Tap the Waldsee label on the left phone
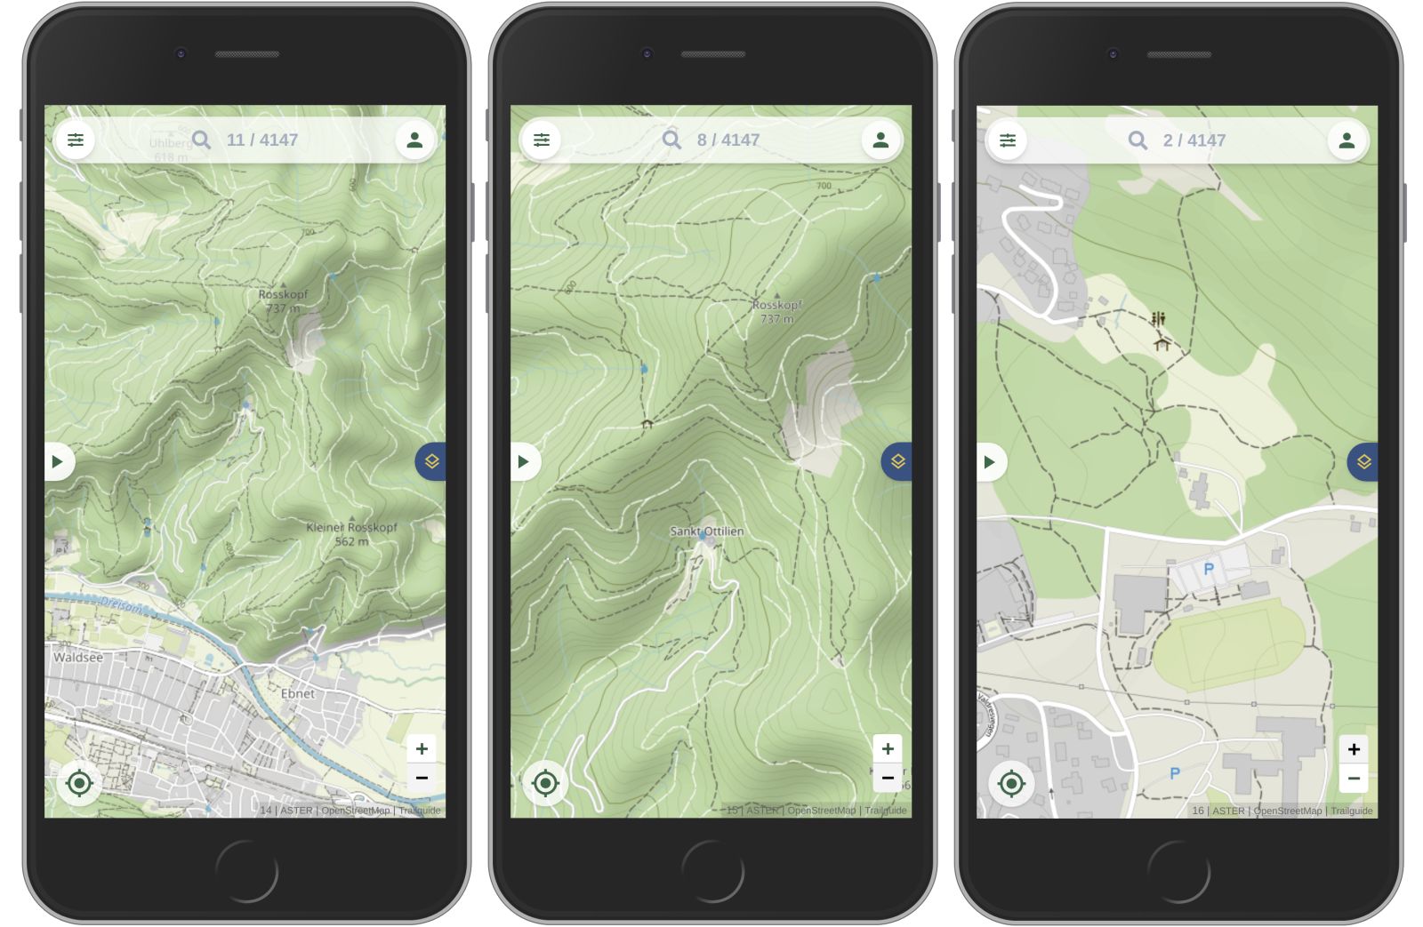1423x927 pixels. coord(78,658)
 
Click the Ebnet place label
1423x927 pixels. coord(297,693)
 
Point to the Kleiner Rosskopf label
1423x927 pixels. coord(351,528)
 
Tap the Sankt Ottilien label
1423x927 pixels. coord(707,531)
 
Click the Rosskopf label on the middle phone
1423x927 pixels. coord(776,305)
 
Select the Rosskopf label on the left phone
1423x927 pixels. coord(283,295)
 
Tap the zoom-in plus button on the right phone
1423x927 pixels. coord(1354,749)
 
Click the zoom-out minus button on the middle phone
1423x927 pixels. coord(888,778)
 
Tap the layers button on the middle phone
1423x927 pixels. coord(897,461)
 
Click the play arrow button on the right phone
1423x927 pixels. coord(989,462)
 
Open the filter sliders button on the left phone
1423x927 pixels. coord(76,140)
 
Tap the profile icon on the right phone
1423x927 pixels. coord(1347,140)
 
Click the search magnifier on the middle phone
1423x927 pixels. coord(671,140)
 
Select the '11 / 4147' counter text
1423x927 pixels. coord(262,140)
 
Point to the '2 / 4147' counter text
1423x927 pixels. coord(1194,140)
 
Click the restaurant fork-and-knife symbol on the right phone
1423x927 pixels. coord(1158,318)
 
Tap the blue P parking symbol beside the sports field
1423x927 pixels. coord(1209,570)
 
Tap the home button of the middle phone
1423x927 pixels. coord(713,871)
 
